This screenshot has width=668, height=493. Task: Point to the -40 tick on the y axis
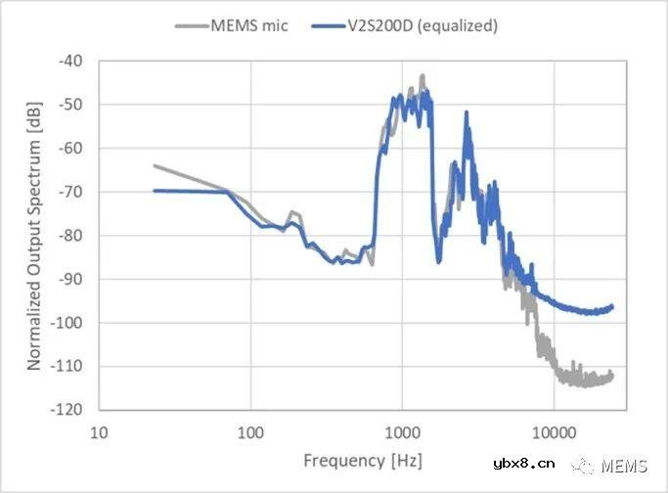pos(71,61)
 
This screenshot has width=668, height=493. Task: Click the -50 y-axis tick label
pos(71,105)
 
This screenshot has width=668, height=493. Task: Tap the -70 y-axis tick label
pos(71,192)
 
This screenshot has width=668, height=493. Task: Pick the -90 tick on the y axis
pos(71,279)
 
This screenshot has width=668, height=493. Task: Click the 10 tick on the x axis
pos(99,430)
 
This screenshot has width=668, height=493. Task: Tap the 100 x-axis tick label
pos(250,430)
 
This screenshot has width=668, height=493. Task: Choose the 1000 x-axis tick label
pos(402,430)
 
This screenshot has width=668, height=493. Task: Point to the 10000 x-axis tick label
pos(554,430)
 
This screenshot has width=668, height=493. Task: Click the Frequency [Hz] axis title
pos(348,460)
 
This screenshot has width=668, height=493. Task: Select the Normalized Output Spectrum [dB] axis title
pos(34,235)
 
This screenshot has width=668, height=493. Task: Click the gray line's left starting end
pos(155,165)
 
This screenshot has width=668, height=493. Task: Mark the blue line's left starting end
pos(155,191)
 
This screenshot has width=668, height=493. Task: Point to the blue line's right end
pos(612,306)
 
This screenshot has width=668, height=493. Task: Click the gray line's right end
pos(612,376)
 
